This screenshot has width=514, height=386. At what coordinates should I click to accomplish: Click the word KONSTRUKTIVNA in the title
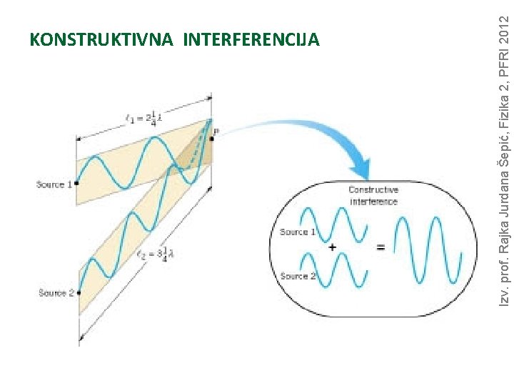pos(102,39)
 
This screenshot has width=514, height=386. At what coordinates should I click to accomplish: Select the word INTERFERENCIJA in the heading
pos(251,39)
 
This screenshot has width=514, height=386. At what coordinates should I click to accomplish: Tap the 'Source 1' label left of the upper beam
pos(54,184)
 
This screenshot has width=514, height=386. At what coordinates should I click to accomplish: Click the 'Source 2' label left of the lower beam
pos(56,293)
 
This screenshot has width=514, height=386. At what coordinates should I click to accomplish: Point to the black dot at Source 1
pos(76,184)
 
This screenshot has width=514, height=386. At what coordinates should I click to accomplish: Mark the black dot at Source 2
pos(79,292)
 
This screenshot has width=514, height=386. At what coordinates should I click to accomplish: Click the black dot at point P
pos(212,139)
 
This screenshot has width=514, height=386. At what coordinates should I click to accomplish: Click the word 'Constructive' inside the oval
pos(373,190)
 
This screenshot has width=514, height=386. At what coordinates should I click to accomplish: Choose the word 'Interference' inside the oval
pos(373,202)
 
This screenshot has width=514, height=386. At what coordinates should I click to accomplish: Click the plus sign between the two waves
pos(333,247)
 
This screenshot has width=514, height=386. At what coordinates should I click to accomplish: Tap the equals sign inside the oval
pos(381,247)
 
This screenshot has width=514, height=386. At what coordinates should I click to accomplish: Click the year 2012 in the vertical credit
pos(504,28)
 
